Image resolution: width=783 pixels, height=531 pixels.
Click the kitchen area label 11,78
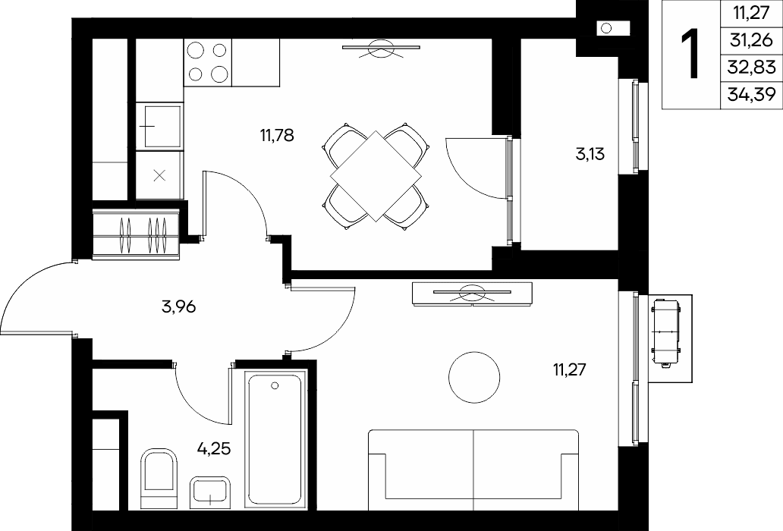pos(277,135)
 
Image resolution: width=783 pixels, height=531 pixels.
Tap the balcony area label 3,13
pos(590,154)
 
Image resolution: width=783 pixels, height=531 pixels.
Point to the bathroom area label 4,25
pos(214,448)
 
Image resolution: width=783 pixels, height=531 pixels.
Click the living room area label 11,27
pos(569,370)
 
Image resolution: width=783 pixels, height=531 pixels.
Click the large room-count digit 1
pos(690,54)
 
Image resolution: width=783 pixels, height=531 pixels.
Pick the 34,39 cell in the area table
pos(752,93)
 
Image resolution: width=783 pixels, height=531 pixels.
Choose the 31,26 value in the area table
pos(751,40)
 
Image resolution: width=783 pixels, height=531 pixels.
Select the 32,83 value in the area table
pos(752,67)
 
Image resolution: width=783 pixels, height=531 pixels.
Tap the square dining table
pos(376,176)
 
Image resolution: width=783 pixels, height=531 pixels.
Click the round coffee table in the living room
pos(474,377)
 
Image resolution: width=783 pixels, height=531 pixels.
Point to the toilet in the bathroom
pos(159,478)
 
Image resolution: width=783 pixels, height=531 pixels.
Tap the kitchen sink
pos(160,126)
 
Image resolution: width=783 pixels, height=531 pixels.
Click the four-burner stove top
pos(208,62)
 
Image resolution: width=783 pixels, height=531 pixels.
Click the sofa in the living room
pos(473,470)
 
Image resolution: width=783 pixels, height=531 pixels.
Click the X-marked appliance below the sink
pos(159,175)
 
